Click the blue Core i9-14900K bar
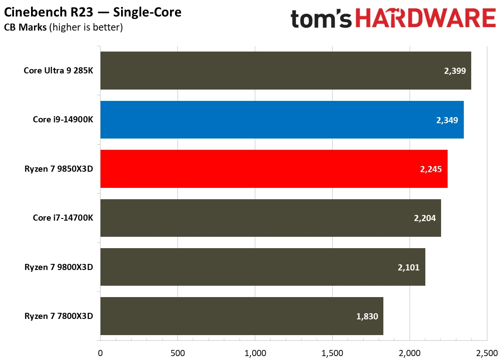[x=282, y=120]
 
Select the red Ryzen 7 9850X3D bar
[x=274, y=169]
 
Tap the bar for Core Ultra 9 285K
[x=285, y=71]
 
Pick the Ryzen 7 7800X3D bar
[x=242, y=316]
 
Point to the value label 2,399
[x=455, y=71]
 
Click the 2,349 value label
[x=447, y=120]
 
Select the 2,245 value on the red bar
[x=431, y=169]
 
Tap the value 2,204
[x=425, y=218]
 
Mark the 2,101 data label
[x=409, y=267]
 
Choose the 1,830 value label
[x=367, y=316]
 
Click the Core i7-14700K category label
[x=63, y=218]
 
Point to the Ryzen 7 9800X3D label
[x=59, y=267]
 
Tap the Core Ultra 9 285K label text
[x=58, y=70]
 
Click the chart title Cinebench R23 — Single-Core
[x=93, y=12]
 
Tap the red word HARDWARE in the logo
[x=426, y=19]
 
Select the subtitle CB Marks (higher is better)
[x=63, y=28]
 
